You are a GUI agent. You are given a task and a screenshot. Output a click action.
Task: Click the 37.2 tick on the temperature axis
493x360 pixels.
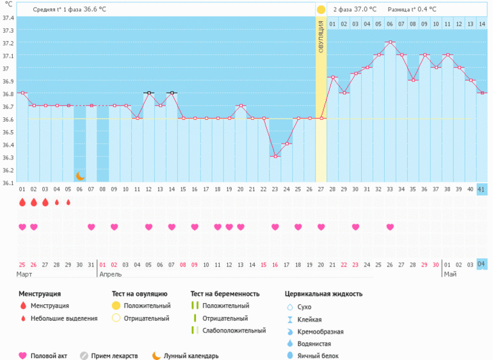coord(8,43)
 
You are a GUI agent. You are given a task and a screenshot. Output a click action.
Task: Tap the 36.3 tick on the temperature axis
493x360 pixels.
coord(8,157)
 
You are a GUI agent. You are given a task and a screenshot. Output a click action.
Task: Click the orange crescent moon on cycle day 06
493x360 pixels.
coord(80,176)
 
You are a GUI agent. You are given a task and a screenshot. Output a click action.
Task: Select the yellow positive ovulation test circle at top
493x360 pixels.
coord(321,10)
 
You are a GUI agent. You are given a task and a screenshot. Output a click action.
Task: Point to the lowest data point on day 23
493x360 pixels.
coord(275,156)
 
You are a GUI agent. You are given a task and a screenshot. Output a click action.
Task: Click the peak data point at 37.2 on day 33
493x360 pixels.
coord(389,42)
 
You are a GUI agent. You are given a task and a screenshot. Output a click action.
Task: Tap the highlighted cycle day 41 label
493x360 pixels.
coord(481,190)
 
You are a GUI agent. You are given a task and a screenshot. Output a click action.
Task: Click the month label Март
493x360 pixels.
coord(25,274)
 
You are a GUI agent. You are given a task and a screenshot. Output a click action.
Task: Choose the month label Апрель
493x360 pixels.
coord(111,274)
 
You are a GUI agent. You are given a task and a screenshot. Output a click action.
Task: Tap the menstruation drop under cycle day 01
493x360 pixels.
coord(22,202)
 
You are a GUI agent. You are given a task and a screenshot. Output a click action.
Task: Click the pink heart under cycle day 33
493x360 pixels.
coord(390,227)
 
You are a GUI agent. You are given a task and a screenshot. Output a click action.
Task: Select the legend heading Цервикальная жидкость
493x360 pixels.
coord(323,294)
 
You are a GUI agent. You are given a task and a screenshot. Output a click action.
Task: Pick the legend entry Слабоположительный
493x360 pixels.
coord(234,331)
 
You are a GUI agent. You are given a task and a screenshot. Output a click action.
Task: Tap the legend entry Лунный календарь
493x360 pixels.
coord(191,356)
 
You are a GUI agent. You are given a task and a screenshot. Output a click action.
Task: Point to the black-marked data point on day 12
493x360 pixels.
coord(149,93)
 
